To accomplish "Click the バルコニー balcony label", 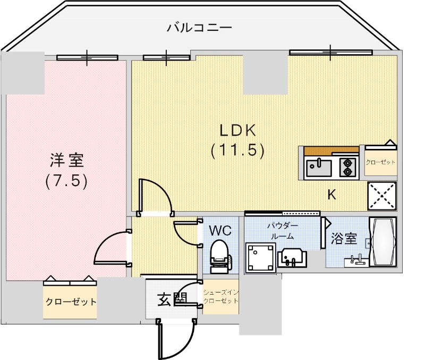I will click(199, 27).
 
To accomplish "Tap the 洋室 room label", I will click(66, 159).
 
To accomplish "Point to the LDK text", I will click(239, 130).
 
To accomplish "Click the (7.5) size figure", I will click(66, 181).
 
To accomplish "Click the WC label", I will click(219, 231).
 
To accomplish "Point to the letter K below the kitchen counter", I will click(331, 195).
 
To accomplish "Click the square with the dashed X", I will click(381, 196).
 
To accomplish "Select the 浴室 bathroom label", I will click(344, 239).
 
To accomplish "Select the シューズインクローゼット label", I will click(220, 296).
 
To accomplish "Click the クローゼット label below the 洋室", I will click(70, 302).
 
